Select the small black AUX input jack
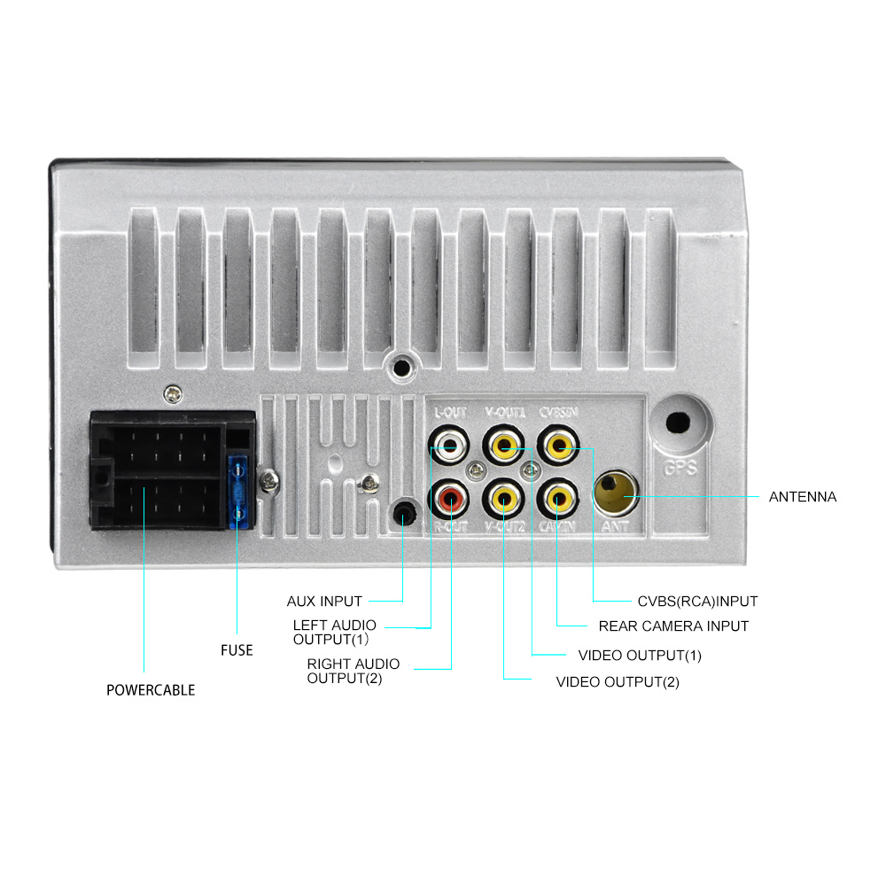[x=403, y=513]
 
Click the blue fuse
[x=237, y=492]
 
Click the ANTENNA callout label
[x=802, y=497]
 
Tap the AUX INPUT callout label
[x=324, y=602]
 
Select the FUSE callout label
[x=237, y=650]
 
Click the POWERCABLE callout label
[x=151, y=689]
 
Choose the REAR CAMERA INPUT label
[x=673, y=626]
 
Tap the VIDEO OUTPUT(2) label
[x=618, y=682]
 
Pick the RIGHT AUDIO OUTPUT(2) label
[x=353, y=671]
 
